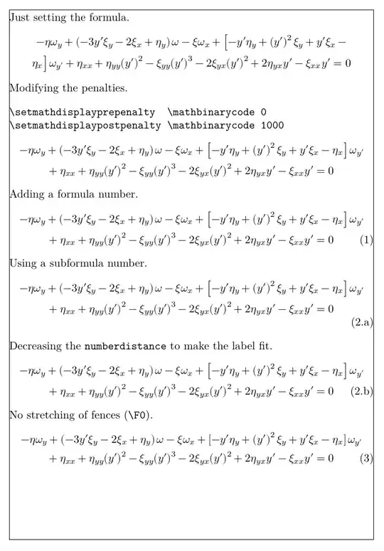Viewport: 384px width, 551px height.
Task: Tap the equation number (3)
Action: [367, 458]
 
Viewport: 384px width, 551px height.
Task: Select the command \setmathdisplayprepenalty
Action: [82, 112]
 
